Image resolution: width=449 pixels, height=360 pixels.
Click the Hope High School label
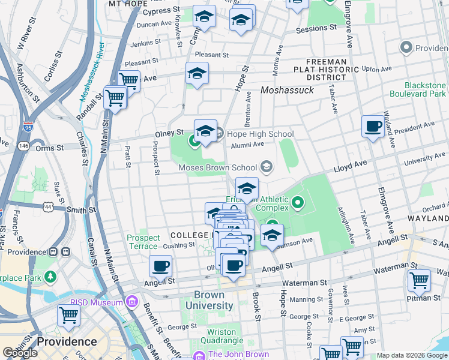pyautogui.click(x=255, y=134)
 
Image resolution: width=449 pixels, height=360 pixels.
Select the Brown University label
pyautogui.click(x=209, y=300)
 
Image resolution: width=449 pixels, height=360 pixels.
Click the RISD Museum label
pyautogui.click(x=100, y=302)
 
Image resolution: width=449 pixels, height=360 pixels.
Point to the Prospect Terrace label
pyautogui.click(x=143, y=242)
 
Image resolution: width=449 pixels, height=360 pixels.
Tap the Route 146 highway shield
pyautogui.click(x=23, y=145)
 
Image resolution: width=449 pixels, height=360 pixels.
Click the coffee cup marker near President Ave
pyautogui.click(x=373, y=127)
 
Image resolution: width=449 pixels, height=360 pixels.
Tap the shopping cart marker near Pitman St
pyautogui.click(x=419, y=280)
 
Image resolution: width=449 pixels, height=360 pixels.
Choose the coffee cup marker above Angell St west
pyautogui.click(x=160, y=266)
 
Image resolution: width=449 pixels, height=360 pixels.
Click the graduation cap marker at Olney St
pyautogui.click(x=205, y=131)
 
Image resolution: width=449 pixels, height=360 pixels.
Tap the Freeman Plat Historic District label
pyautogui.click(x=327, y=70)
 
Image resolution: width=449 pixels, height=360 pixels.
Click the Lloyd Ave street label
pyautogui.click(x=351, y=165)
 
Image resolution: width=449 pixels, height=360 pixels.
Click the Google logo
pyautogui.click(x=20, y=353)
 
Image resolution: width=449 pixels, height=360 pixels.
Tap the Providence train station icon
pyautogui.click(x=53, y=252)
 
